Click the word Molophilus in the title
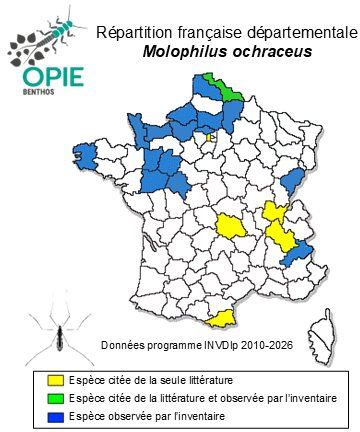click(178, 51)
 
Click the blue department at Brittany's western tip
click(84, 154)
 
